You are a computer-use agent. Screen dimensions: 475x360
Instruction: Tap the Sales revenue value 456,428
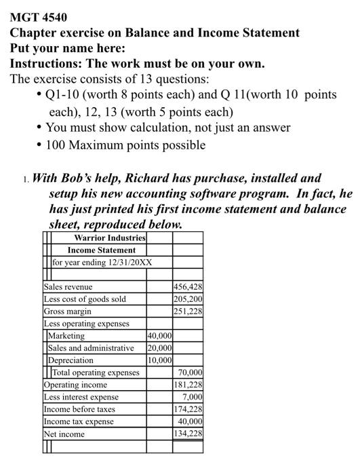click(188, 287)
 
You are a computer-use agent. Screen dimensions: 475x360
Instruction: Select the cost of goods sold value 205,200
click(188, 299)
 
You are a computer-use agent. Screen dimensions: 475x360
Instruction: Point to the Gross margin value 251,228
click(188, 311)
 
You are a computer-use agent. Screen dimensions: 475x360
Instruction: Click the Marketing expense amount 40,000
click(159, 336)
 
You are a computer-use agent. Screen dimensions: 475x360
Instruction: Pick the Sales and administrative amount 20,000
click(159, 348)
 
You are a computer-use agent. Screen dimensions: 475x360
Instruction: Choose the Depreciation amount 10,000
click(159, 360)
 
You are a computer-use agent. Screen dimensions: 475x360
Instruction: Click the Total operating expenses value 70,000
click(190, 373)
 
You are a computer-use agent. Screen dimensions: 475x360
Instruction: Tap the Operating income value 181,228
click(188, 385)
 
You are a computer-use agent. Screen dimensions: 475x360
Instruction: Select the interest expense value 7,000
click(193, 397)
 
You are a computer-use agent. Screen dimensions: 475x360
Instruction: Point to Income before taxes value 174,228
click(188, 409)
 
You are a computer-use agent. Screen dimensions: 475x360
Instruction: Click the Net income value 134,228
click(188, 434)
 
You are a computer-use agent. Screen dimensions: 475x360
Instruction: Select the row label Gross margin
click(68, 311)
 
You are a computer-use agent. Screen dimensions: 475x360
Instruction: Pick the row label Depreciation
click(71, 360)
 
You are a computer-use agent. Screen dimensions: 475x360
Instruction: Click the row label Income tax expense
click(79, 421)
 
